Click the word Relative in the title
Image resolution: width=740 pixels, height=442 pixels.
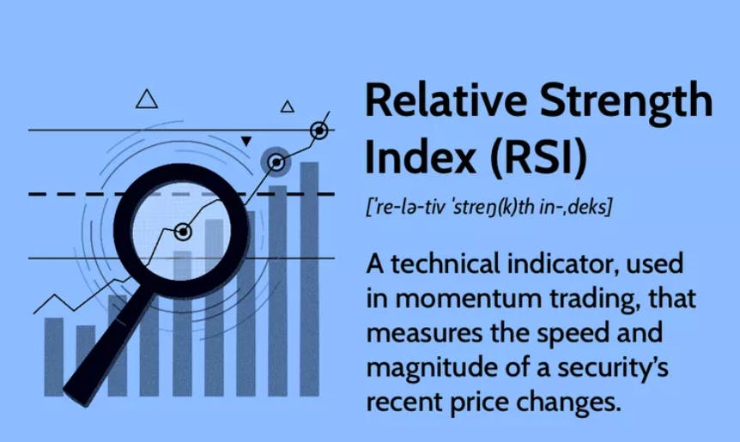(x=446, y=100)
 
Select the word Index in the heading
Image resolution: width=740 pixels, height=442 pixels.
(x=421, y=156)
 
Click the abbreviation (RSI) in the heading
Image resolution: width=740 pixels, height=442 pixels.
(x=538, y=157)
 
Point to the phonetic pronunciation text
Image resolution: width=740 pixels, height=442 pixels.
(x=488, y=206)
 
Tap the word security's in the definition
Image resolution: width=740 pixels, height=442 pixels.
(x=613, y=367)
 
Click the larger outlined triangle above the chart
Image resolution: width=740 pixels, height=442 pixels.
(x=147, y=99)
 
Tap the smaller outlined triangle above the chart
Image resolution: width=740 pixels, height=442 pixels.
(x=288, y=106)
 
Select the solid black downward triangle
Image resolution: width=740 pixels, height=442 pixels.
(x=246, y=141)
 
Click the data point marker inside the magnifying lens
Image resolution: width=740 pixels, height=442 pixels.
(x=183, y=232)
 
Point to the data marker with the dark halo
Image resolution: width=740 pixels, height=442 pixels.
(x=276, y=162)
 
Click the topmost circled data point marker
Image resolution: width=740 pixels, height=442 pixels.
(x=319, y=130)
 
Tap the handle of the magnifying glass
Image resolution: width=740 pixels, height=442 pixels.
(x=108, y=349)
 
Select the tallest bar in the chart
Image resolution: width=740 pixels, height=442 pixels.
(x=310, y=279)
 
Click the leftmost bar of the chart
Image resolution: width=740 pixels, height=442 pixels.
(x=54, y=357)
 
